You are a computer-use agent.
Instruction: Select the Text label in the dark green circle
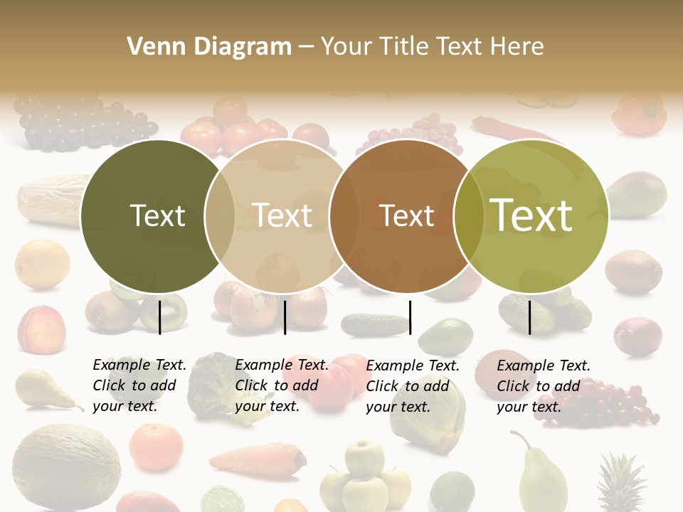(x=157, y=215)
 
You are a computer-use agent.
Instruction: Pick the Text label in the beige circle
(x=282, y=215)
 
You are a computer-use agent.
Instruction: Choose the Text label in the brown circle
(x=407, y=215)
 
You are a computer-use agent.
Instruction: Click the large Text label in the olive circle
(x=531, y=215)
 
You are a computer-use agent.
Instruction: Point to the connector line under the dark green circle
(x=160, y=317)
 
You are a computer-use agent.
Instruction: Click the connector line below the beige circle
(x=285, y=317)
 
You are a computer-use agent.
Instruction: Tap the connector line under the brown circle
(x=410, y=317)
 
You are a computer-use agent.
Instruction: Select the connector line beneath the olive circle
(x=530, y=317)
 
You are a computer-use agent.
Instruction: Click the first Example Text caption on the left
(x=139, y=385)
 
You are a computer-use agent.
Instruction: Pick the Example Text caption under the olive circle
(x=543, y=385)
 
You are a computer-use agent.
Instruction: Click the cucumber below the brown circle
(x=374, y=324)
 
